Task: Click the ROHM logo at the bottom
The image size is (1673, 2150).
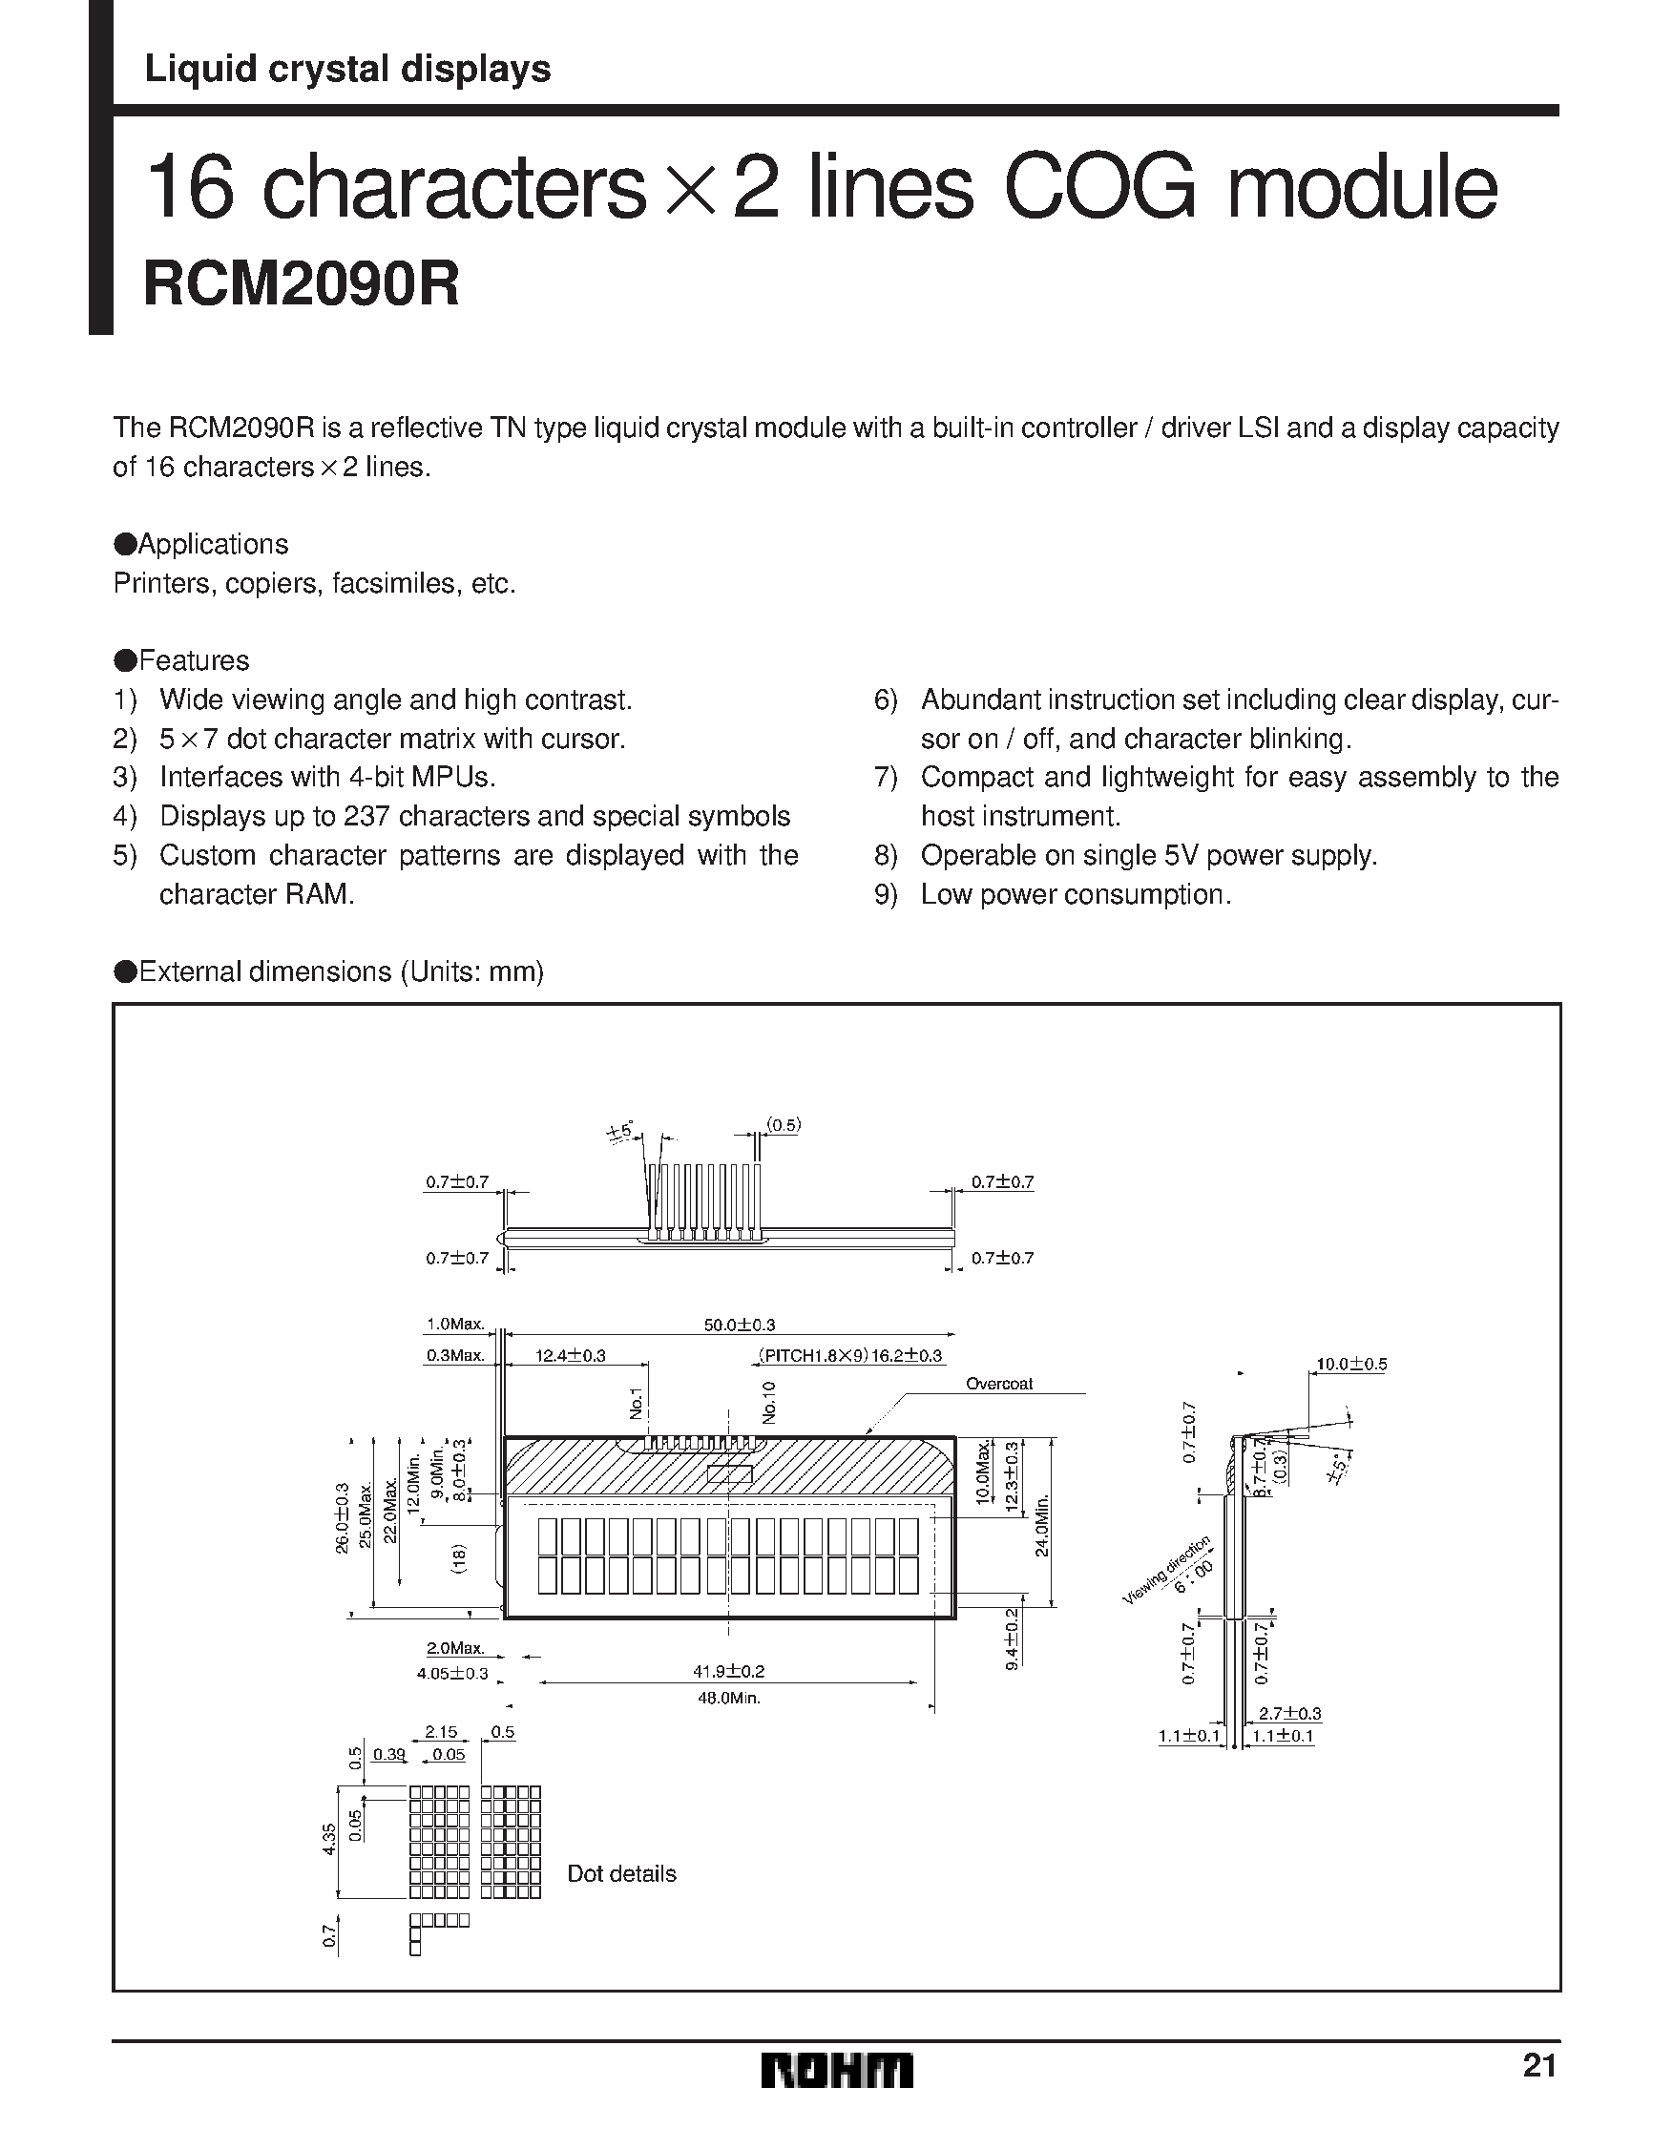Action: pos(836,2070)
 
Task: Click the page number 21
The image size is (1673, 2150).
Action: pos(1539,2064)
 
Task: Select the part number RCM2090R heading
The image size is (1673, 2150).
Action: pos(302,285)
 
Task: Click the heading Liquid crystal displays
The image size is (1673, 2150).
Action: pos(347,69)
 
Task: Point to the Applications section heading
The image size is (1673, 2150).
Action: pos(202,544)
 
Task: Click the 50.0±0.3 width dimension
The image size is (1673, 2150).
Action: pos(740,1325)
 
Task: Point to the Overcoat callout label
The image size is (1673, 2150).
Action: pos(998,1384)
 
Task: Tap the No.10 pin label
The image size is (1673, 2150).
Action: pos(769,1402)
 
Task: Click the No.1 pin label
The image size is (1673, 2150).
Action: pos(637,1404)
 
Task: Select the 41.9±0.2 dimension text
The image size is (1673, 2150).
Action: pos(729,1671)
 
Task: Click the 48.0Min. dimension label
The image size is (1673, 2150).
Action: pos(729,1698)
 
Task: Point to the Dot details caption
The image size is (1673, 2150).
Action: pos(621,1873)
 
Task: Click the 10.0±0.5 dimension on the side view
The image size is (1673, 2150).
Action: pos(1351,1365)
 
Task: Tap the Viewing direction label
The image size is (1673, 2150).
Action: pos(1168,1571)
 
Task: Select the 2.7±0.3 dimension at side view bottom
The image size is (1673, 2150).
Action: pos(1289,1714)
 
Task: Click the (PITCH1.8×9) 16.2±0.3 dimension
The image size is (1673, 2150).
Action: pos(849,1356)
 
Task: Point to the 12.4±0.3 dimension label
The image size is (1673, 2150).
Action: pos(570,1356)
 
